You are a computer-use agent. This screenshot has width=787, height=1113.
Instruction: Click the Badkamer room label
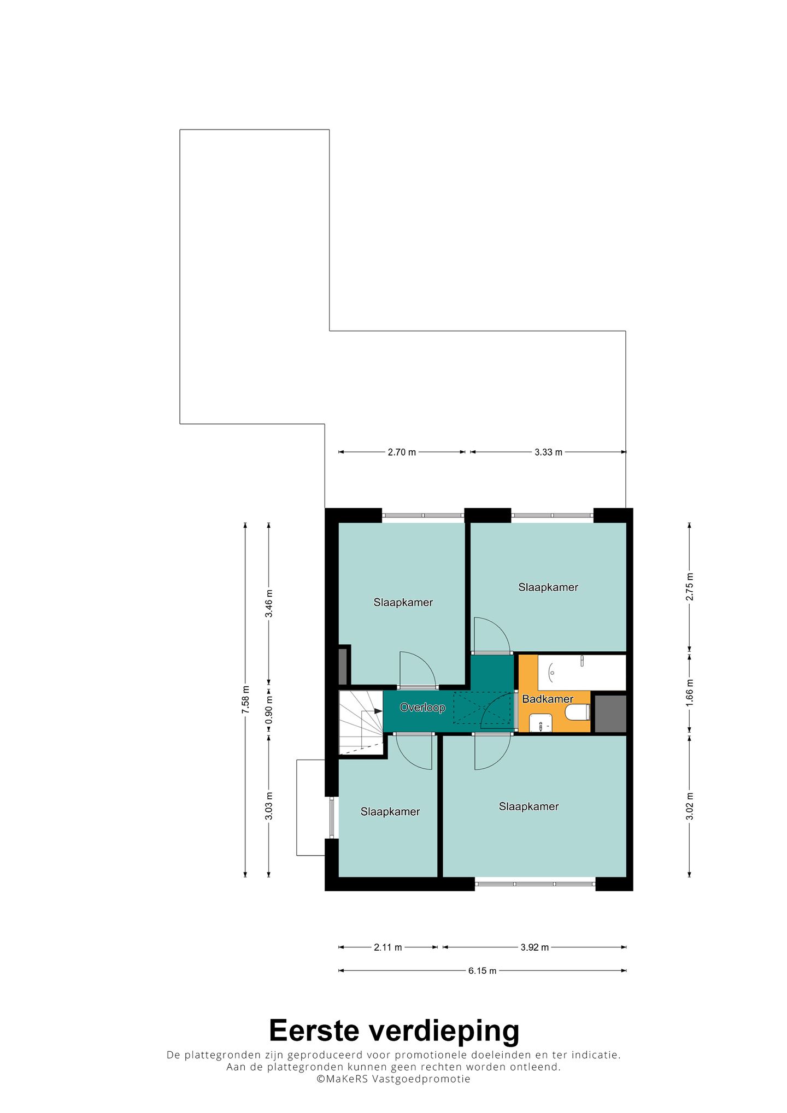548,699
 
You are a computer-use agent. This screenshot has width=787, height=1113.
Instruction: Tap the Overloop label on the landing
422,708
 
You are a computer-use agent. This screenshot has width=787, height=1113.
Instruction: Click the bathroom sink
541,723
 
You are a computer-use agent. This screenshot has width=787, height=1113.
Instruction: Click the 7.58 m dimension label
245,700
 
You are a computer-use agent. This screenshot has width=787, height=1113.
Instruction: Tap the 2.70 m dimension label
402,452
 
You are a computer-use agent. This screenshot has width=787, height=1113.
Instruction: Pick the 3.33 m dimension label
548,452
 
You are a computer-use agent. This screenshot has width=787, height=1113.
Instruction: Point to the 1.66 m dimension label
690,694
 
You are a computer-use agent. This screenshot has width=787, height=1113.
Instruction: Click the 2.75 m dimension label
690,587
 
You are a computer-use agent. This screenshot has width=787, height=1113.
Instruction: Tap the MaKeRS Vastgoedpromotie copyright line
393,1079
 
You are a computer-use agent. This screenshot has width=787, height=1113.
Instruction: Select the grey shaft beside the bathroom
610,714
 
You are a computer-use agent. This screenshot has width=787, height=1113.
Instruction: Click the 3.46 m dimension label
268,603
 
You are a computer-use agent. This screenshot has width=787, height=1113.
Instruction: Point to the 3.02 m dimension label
690,806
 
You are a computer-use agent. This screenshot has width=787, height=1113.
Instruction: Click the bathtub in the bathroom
582,673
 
